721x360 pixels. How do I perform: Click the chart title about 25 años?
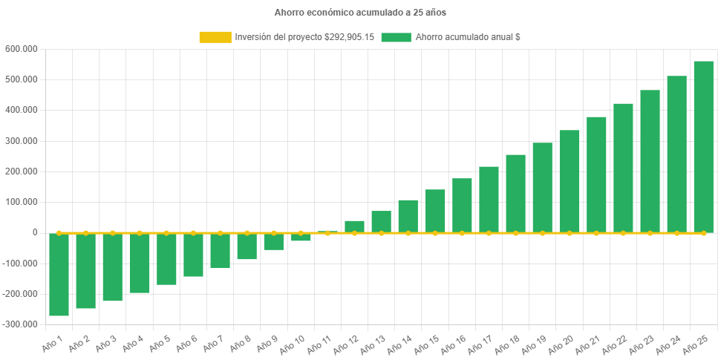coord(360,13)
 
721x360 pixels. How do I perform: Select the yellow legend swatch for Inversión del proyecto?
coord(215,37)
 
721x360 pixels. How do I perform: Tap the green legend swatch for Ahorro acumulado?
coord(396,37)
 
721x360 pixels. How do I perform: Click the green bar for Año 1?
coord(59,275)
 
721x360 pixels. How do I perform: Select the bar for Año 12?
coord(354,226)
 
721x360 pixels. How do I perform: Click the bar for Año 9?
coord(274,241)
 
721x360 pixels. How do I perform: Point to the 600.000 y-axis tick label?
coord(21,49)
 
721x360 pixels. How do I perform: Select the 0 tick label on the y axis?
coord(34,232)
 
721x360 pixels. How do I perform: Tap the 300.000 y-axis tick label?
coord(21,141)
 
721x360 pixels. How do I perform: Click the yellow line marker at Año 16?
coord(462,233)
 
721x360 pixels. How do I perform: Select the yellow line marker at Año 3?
coord(113,232)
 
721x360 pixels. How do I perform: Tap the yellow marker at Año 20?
coord(570,233)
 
